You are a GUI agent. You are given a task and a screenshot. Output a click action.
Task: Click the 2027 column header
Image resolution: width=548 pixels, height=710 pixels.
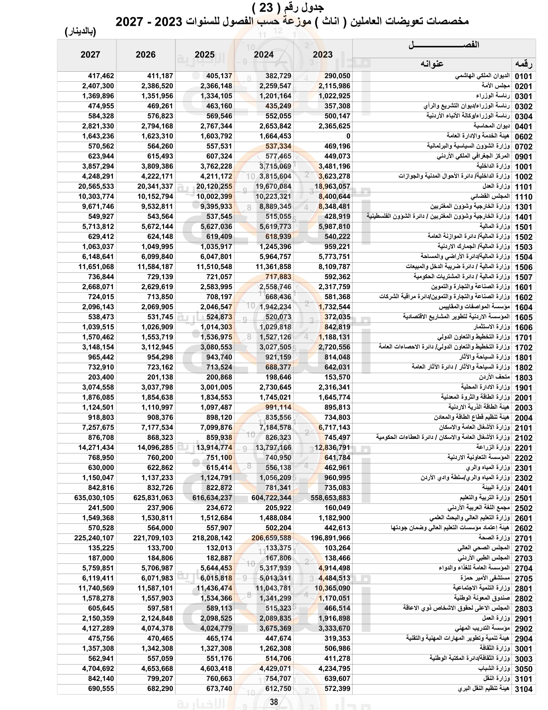click(90, 55)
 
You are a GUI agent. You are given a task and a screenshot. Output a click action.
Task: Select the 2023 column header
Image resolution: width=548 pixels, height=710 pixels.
click(322, 55)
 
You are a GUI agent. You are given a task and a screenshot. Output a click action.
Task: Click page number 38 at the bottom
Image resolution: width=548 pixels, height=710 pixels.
click(274, 702)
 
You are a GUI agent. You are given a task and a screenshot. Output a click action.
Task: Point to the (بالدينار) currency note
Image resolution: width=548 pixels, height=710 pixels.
click(81, 32)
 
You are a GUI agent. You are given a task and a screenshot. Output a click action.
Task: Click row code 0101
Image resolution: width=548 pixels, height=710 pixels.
click(523, 76)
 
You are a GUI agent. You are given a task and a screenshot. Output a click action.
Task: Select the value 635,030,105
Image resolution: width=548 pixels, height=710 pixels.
click(94, 498)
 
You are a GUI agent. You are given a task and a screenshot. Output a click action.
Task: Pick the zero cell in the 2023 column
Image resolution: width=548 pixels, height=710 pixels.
click(348, 136)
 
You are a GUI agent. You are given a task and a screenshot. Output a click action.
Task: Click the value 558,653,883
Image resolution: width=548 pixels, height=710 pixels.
click(330, 498)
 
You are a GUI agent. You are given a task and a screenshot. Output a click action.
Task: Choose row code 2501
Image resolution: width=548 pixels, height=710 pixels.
click(523, 498)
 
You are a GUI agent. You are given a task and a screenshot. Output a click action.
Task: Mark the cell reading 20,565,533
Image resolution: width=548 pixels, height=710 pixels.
click(96, 186)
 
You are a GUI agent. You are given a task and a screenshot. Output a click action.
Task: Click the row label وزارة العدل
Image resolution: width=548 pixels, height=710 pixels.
click(496, 186)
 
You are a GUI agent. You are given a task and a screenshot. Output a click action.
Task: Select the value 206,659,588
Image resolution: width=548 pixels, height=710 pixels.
click(271, 538)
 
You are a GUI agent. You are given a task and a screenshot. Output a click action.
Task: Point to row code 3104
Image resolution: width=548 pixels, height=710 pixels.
click(523, 689)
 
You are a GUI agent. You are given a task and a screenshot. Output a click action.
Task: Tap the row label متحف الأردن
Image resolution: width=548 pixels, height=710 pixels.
click(494, 377)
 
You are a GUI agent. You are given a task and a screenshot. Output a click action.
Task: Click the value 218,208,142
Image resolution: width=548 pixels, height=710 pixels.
click(212, 538)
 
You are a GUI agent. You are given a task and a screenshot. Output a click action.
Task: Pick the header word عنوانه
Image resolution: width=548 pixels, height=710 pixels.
click(432, 64)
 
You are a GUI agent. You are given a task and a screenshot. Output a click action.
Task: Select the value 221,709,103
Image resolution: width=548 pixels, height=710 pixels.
click(153, 538)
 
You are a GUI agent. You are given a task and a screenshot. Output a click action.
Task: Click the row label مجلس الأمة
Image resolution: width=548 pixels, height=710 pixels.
click(495, 86)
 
